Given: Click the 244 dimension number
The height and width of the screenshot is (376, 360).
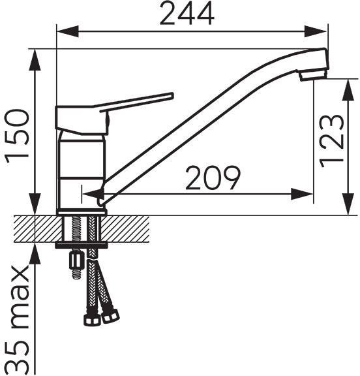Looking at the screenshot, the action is tap(187, 13).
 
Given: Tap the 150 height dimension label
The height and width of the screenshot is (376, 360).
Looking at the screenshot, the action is tap(17, 136).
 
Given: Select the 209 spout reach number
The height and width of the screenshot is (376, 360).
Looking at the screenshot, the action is tap(213, 178).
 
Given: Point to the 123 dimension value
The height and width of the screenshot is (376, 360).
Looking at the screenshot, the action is tap(331, 141).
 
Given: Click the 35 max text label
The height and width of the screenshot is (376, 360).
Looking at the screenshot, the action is tap(18, 320).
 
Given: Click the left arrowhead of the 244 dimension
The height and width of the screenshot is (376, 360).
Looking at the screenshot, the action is tap(68, 31).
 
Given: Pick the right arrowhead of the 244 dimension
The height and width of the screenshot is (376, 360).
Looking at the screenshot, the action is tap(316, 31).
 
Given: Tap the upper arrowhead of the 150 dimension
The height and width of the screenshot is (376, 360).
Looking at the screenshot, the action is tap(35, 60).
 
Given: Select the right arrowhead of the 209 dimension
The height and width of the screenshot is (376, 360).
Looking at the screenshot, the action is tap(302, 194).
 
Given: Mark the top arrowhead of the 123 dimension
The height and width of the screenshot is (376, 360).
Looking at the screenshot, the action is tap(348, 89).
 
